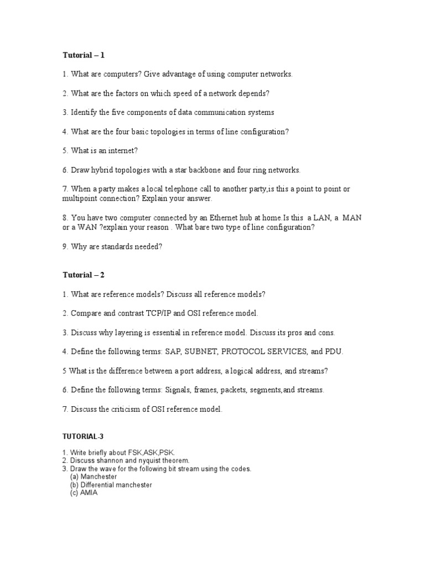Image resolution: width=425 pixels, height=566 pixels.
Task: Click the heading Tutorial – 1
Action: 83,55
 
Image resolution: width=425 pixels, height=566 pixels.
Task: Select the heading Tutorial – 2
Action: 83,275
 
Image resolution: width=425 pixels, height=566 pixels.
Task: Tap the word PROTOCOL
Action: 249,352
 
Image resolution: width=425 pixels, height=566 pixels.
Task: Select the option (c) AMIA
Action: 84,493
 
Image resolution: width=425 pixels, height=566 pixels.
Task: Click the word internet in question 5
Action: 120,150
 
